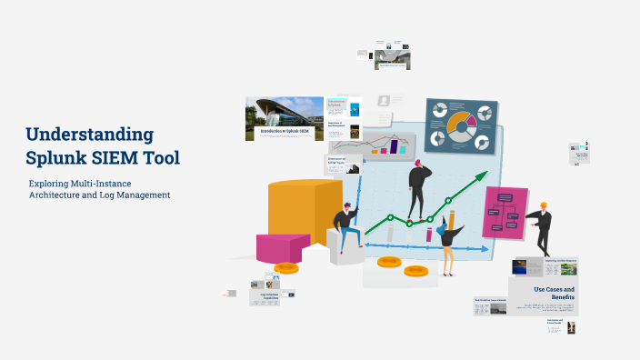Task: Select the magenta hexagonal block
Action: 283,246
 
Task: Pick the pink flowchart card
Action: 505,212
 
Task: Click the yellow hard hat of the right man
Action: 544,205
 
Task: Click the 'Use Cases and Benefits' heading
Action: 554,293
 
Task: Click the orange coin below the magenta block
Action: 286,267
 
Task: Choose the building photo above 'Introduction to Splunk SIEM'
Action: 284,113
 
